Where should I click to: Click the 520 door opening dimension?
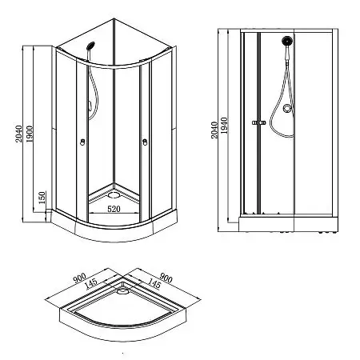[114, 209]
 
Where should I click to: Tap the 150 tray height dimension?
[42, 198]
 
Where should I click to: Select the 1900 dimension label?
[29, 134]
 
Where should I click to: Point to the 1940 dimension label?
[224, 126]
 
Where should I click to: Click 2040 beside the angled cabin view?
[18, 134]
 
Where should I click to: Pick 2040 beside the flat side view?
[214, 130]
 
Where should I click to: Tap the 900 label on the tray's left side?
[79, 278]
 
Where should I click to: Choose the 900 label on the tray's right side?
[166, 278]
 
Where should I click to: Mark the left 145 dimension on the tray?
[91, 284]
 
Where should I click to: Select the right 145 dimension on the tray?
[154, 284]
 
